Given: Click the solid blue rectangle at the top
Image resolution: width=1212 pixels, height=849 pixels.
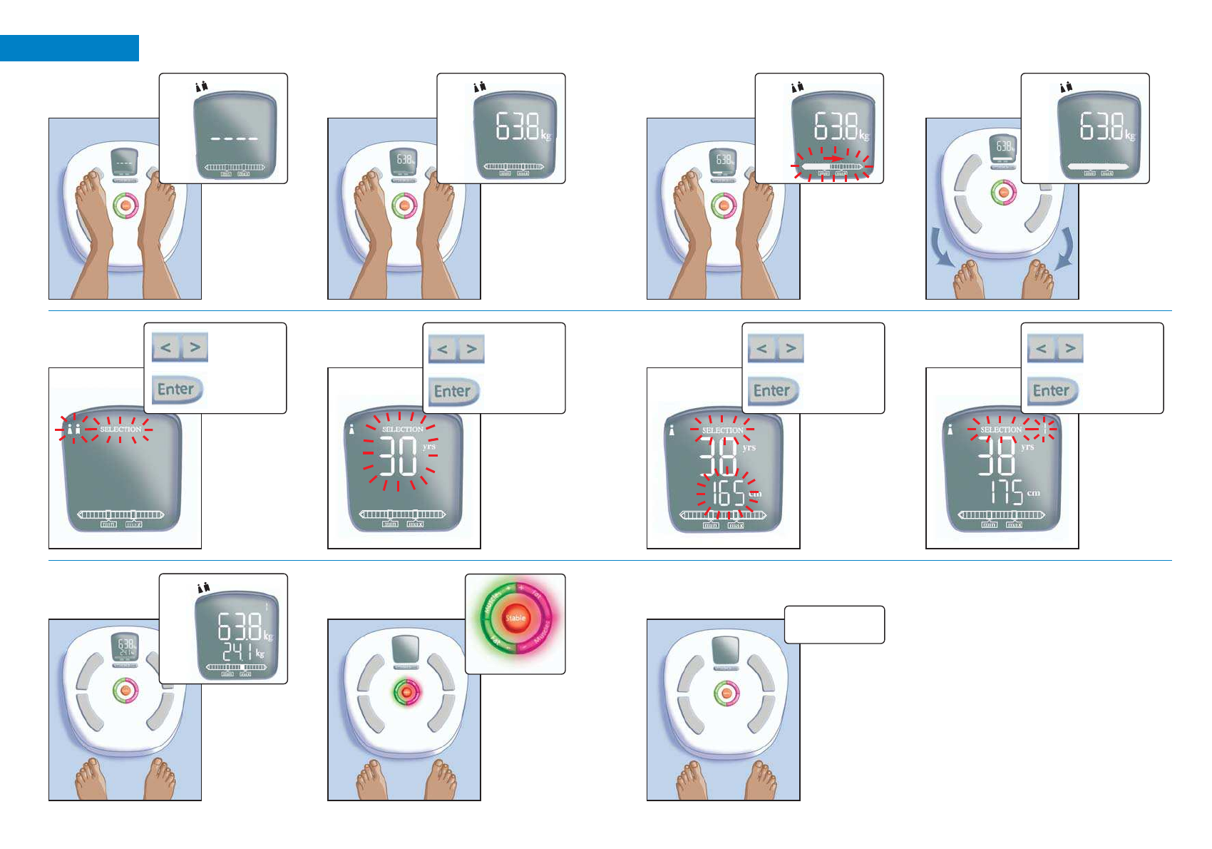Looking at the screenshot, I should click(69, 48).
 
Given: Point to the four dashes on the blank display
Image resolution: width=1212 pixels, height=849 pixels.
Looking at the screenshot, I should click(234, 138).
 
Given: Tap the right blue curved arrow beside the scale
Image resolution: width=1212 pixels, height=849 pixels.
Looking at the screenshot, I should click(1064, 248).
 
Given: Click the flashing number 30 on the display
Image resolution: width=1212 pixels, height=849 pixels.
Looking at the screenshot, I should click(398, 457).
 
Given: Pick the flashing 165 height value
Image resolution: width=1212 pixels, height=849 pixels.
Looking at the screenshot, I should click(728, 493).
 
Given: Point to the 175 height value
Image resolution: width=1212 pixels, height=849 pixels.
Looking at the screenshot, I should click(1006, 492).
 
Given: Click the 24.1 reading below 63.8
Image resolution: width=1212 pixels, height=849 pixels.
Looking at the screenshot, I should click(237, 651).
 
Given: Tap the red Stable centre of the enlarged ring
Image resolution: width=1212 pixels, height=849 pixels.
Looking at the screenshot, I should click(515, 618).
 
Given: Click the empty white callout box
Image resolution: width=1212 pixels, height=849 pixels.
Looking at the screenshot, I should click(834, 624).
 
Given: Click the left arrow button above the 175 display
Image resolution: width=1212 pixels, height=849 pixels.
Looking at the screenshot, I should click(1041, 349).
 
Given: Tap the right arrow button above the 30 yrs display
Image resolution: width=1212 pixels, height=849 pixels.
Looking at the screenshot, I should click(471, 349).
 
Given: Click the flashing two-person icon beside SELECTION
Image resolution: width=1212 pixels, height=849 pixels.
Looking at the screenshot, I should click(73, 429).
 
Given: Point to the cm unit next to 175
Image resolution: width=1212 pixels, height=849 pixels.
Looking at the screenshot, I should click(1034, 493).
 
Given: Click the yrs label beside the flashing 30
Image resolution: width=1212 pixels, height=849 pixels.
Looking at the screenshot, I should click(428, 447).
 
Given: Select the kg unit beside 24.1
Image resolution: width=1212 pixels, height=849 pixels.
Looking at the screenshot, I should click(260, 653).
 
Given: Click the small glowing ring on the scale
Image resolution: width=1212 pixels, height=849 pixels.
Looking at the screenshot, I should click(406, 692).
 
